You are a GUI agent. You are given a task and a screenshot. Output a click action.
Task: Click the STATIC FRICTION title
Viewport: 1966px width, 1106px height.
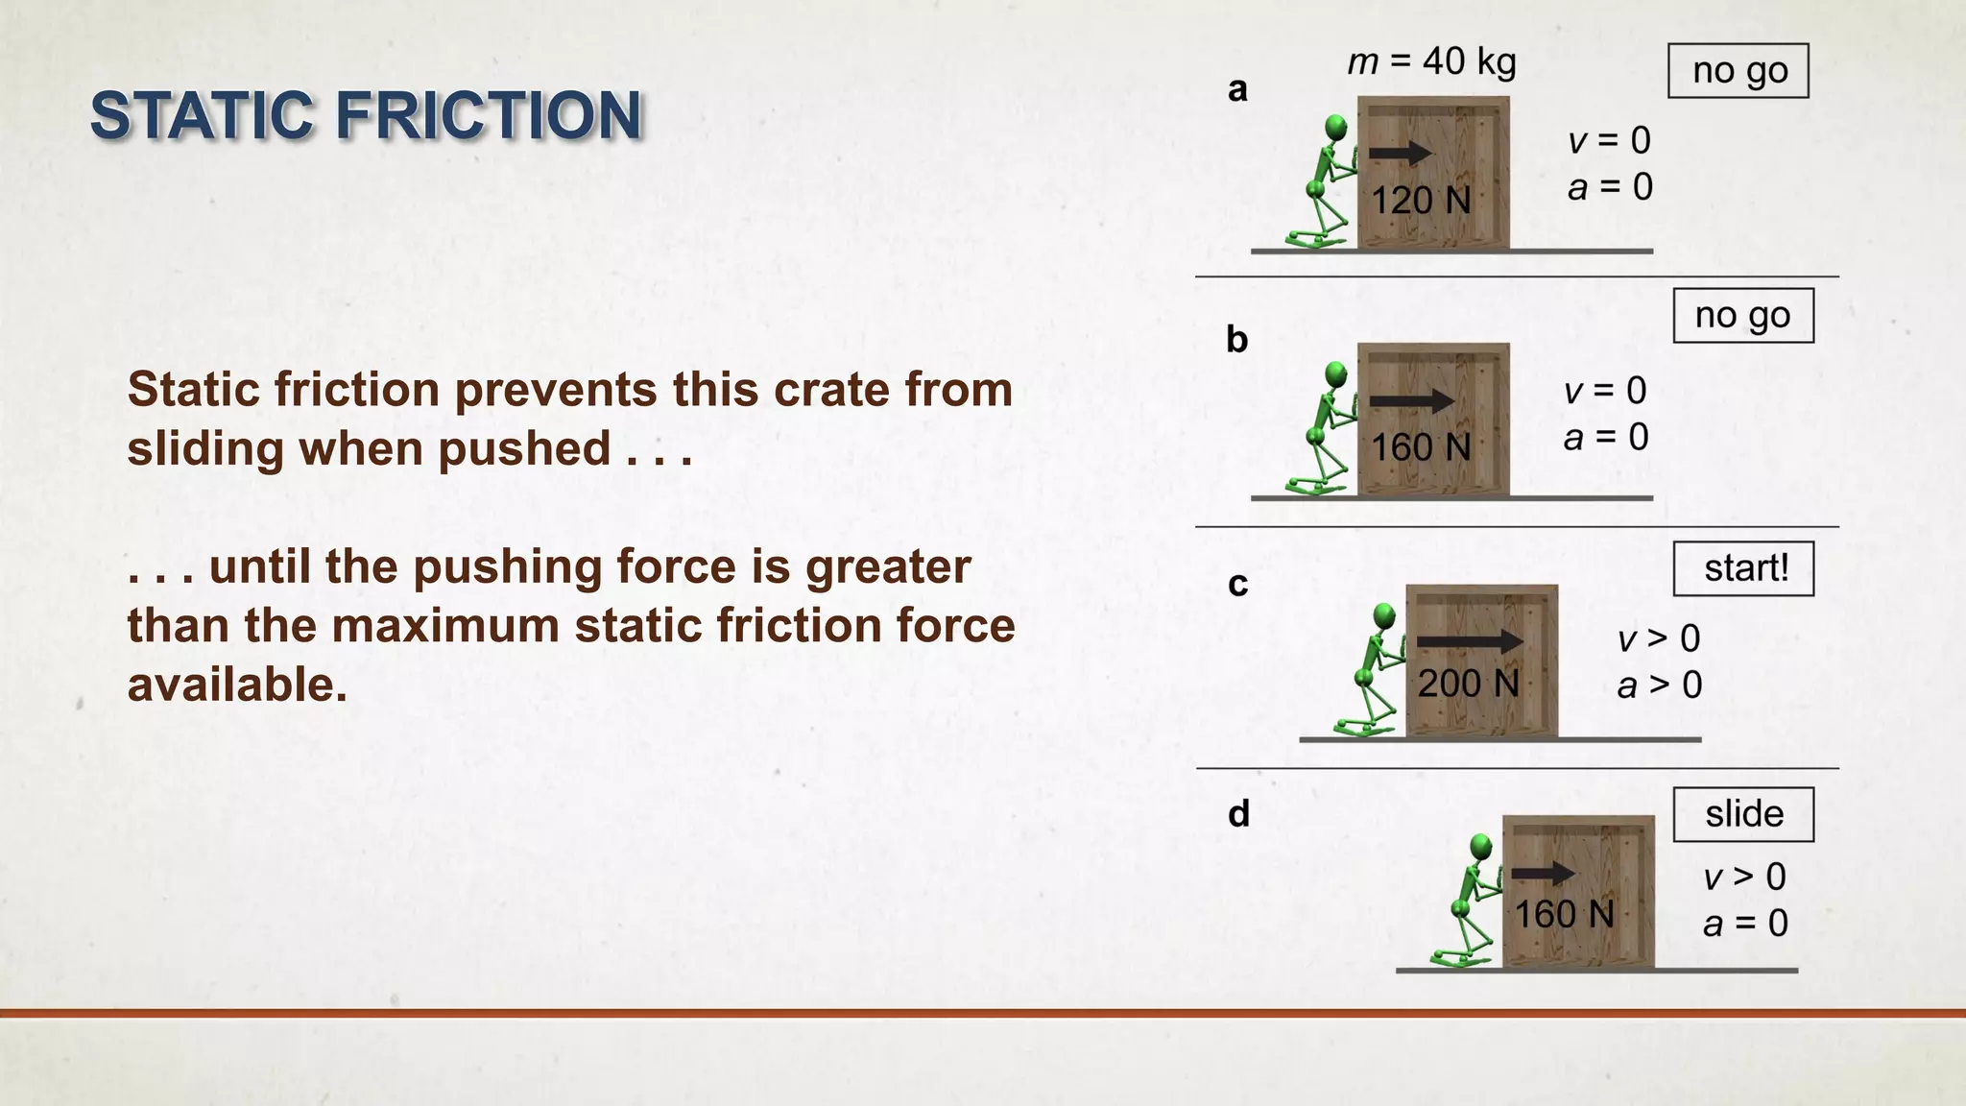coord(366,115)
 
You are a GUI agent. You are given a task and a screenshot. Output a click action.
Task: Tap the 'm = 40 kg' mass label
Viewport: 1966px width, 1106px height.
coord(1431,62)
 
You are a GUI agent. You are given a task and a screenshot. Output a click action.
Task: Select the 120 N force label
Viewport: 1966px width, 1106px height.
coord(1420,201)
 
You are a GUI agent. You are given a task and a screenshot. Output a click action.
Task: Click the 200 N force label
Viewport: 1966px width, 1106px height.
coord(1468,684)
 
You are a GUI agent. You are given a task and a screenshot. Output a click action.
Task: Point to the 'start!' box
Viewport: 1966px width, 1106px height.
coord(1743,568)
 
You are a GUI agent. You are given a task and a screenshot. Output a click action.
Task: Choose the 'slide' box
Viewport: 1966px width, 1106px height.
coord(1743,814)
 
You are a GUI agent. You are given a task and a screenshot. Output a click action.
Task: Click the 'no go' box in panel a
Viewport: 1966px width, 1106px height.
coord(1738,71)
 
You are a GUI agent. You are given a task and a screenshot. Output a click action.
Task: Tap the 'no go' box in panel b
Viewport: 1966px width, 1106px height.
coord(1743,315)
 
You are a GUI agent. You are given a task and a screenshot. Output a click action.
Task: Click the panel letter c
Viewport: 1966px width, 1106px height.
coord(1237,584)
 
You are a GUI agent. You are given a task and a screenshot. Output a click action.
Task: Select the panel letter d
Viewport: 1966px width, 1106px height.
coord(1238,814)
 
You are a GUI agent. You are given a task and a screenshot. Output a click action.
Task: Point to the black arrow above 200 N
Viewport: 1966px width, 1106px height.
coord(1469,641)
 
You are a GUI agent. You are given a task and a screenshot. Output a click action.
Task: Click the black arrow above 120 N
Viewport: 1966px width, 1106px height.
coord(1400,153)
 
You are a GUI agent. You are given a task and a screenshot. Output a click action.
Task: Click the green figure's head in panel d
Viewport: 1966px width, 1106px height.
coord(1480,847)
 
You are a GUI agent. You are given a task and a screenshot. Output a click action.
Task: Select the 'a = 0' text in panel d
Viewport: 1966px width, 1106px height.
coord(1745,924)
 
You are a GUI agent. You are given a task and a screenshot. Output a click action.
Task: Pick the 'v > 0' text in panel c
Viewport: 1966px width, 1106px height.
coord(1659,638)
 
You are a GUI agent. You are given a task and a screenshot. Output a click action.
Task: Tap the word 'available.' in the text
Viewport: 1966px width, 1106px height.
coord(237,685)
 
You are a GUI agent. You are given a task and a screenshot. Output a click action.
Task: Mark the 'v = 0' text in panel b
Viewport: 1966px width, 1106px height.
coord(1605,391)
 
